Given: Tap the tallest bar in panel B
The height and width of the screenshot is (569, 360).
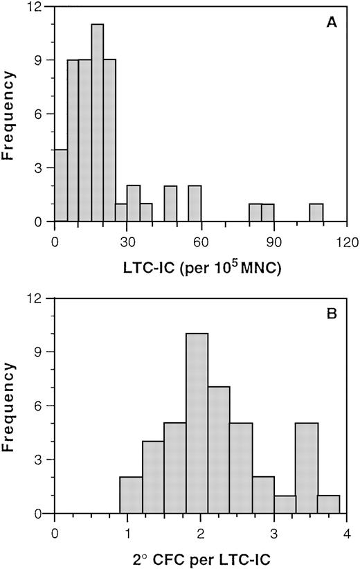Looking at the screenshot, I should pos(197,424).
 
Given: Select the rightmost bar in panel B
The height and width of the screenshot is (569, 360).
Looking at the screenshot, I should pos(328,505).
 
